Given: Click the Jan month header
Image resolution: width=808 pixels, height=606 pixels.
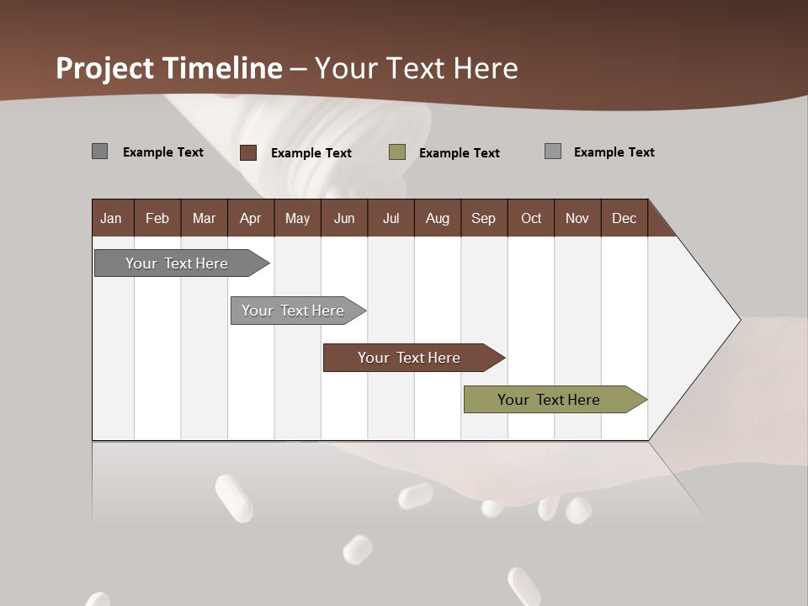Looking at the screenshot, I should tap(111, 218).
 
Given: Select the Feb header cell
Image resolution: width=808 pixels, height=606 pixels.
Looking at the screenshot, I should tap(157, 218).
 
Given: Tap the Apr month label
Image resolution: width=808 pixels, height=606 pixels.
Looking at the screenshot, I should tap(250, 218).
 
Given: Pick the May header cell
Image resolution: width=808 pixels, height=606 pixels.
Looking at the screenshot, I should tap(297, 218).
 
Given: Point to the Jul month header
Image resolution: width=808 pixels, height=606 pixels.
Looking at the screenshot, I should tap(391, 218).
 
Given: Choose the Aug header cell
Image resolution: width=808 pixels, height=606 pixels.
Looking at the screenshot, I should tap(437, 218).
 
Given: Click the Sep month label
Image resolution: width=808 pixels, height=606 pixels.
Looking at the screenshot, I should tap(483, 218).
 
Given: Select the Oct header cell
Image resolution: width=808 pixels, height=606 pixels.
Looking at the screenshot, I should tap(531, 218).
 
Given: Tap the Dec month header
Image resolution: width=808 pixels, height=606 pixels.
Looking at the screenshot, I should tap(624, 218).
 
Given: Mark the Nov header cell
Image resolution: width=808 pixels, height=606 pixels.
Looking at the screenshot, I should tap(577, 218).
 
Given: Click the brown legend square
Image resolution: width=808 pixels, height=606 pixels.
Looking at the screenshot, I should tap(248, 152).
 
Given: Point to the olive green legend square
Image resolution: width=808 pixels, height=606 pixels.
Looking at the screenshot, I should tap(397, 152).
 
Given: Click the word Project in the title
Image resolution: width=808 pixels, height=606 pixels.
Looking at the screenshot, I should tap(105, 68).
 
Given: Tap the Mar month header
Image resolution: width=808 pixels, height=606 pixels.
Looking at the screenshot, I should tap(204, 218).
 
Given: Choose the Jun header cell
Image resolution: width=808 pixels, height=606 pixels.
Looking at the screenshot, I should tap(343, 218).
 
